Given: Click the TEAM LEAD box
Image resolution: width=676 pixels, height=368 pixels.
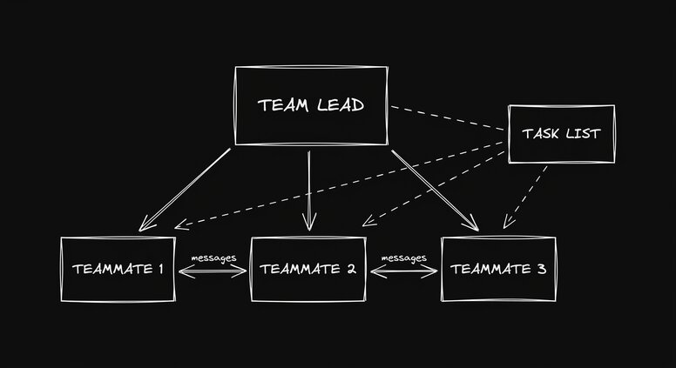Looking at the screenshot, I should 311,105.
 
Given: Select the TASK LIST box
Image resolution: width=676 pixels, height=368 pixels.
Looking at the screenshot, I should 561,134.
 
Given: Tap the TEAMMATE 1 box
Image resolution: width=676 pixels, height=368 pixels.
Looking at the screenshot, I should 118,269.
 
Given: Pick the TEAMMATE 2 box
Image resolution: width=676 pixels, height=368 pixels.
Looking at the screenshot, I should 308,269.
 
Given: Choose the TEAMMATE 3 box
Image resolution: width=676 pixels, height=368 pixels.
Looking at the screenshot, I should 498,269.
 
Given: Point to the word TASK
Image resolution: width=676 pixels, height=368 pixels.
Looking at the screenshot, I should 540,134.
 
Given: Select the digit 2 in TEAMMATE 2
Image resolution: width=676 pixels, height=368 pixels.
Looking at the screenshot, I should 350,269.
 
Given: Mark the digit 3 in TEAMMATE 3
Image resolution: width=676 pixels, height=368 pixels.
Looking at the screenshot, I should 541,269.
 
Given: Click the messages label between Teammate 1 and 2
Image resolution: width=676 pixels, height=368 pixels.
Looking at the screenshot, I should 213,258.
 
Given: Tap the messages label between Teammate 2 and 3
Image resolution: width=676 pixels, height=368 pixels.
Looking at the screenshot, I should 404,258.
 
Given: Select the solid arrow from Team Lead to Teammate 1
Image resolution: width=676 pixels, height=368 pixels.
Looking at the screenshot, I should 186,189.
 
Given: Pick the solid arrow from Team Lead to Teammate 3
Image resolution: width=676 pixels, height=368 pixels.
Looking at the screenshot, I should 434,190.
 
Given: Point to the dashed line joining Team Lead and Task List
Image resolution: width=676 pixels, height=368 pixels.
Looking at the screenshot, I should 448,120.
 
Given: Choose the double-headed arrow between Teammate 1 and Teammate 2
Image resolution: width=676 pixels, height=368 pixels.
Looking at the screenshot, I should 213,272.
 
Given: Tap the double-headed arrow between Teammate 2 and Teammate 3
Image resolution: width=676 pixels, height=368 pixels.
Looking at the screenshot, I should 404,272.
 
